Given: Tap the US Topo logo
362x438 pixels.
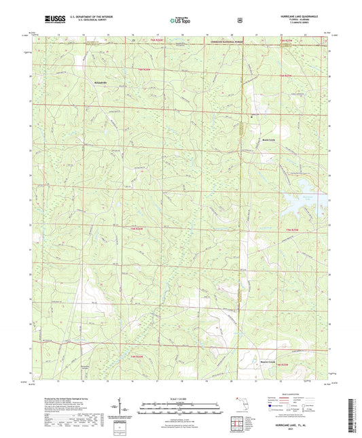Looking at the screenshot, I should coord(180,20).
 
